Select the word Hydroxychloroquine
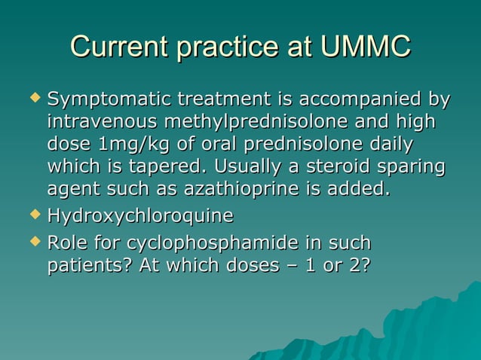pos(139,217)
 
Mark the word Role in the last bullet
pos(66,244)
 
